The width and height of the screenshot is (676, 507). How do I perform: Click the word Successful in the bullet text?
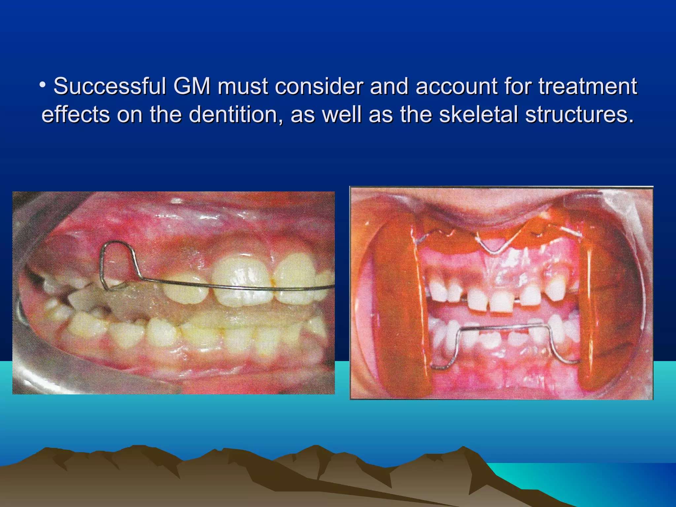110,86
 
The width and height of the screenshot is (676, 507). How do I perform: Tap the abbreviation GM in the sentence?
192,86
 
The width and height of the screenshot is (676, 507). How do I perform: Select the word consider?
319,86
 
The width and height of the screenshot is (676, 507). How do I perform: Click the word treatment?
588,86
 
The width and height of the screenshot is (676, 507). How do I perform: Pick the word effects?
76,115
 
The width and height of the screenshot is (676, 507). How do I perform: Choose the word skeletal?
479,115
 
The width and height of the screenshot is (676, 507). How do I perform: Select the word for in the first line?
517,86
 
